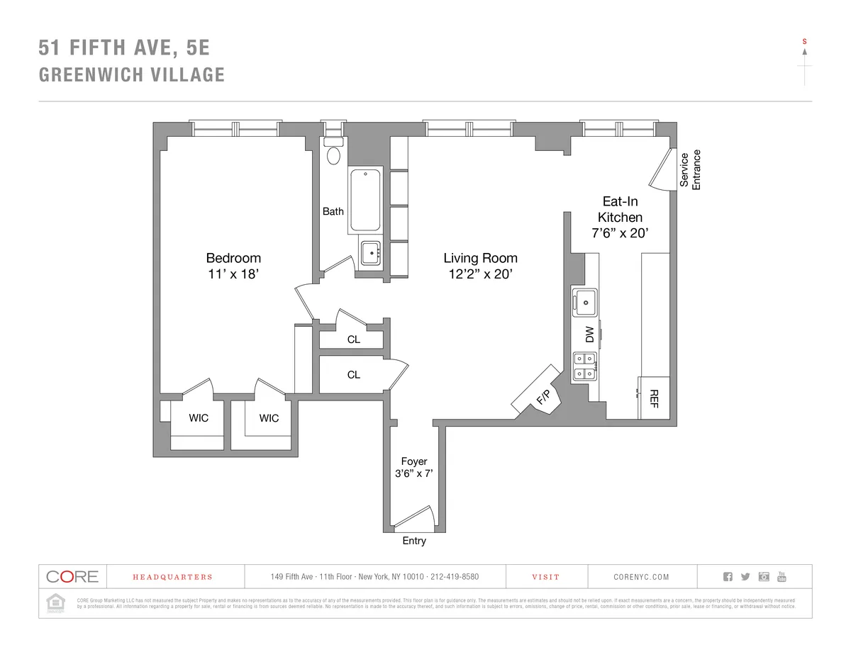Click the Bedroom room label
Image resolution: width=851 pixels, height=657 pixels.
(x=233, y=258)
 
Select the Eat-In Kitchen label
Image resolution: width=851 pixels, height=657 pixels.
(x=620, y=209)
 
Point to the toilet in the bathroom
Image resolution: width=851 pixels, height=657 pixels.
(x=333, y=155)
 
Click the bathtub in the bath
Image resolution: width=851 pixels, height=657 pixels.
(x=365, y=201)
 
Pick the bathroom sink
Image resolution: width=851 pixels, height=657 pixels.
(x=370, y=253)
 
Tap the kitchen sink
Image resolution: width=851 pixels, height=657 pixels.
(x=585, y=302)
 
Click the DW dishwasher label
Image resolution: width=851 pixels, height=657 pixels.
(x=589, y=335)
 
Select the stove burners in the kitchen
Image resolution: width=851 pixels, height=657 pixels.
(x=585, y=366)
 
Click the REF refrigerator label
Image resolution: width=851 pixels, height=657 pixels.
(x=655, y=398)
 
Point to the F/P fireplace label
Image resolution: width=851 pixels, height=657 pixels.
(x=543, y=397)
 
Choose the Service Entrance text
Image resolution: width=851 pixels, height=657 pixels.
(x=690, y=169)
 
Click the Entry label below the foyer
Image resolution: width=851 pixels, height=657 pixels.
(x=414, y=541)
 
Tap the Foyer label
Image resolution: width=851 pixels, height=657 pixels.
(x=414, y=461)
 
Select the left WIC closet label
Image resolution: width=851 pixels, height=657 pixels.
(x=199, y=418)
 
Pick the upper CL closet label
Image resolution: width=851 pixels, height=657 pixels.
(x=353, y=339)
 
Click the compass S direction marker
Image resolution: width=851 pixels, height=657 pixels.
(x=804, y=42)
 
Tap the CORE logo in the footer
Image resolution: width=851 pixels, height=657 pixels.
(x=72, y=576)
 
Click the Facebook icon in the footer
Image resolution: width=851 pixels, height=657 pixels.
(x=728, y=576)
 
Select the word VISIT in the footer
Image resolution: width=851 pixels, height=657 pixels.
(x=546, y=577)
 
